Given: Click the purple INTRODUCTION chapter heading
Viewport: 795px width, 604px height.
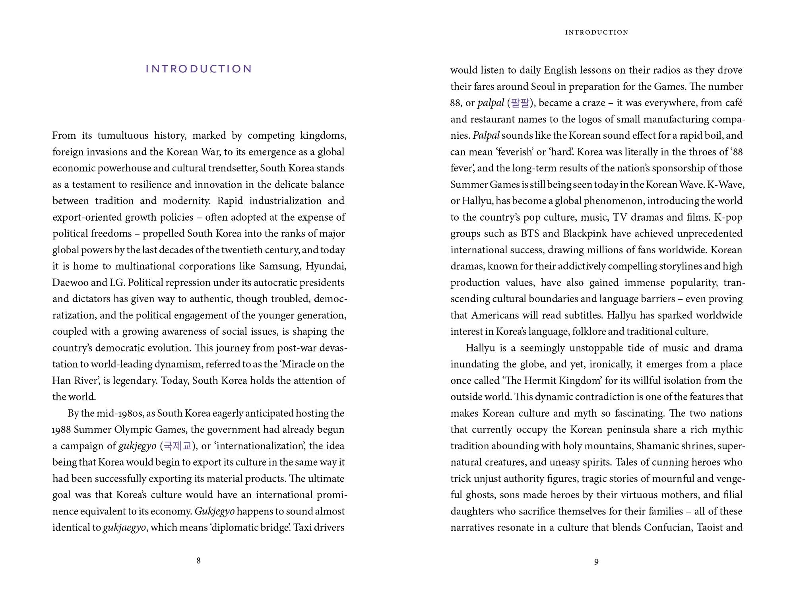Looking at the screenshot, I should [x=199, y=69].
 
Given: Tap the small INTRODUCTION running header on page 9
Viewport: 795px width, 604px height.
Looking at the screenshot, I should [x=597, y=33].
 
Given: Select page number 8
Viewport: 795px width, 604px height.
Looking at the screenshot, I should [x=198, y=561].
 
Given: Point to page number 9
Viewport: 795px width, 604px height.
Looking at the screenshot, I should [x=596, y=562].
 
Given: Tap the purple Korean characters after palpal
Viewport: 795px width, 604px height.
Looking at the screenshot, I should [x=520, y=103].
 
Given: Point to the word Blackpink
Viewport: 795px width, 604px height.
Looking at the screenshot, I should [x=584, y=233].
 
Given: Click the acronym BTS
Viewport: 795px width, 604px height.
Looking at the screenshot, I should [x=530, y=233].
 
